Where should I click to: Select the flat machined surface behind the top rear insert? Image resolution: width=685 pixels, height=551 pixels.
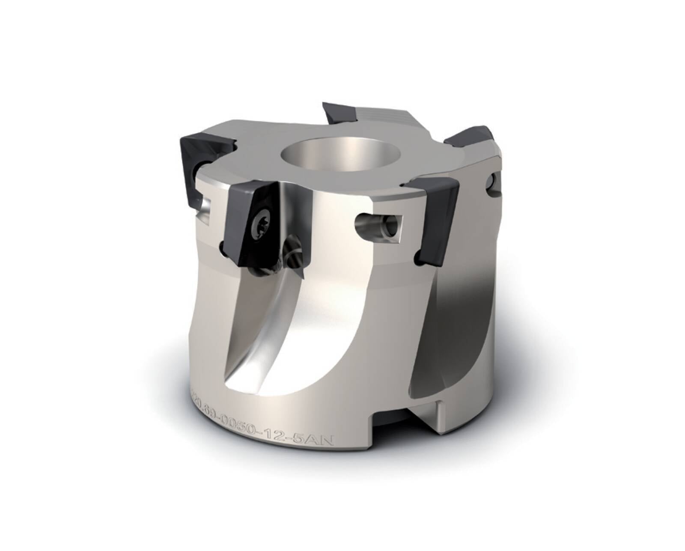click(383, 112)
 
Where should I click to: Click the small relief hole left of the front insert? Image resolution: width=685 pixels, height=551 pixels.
click(222, 246)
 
